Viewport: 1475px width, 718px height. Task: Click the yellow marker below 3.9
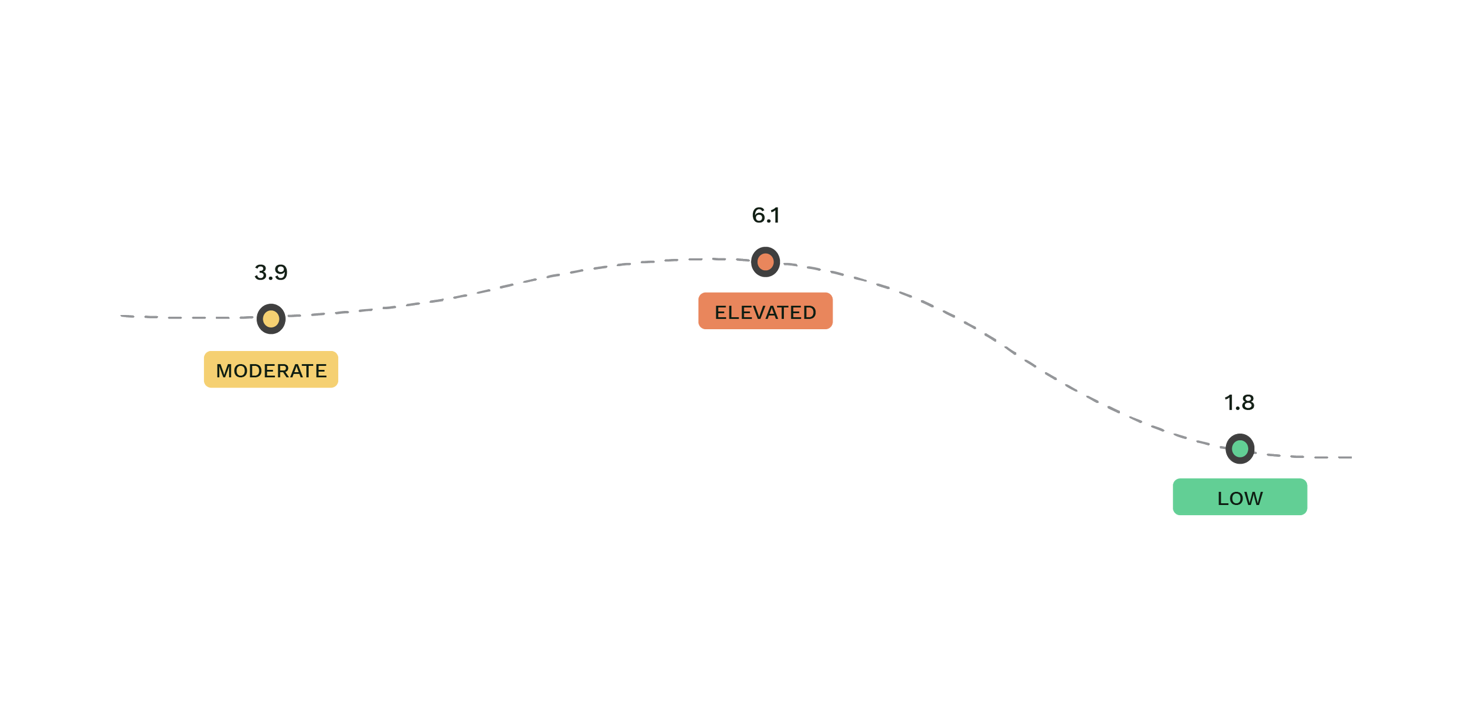(x=271, y=319)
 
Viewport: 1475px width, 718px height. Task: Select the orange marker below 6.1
(x=765, y=262)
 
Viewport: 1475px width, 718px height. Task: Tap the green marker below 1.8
(x=1240, y=449)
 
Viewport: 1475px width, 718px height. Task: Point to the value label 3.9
(x=271, y=273)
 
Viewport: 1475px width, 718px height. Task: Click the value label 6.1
(x=765, y=215)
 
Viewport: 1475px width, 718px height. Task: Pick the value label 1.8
(x=1239, y=403)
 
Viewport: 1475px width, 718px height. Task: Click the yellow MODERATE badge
(x=271, y=371)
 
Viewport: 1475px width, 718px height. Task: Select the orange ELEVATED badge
(x=765, y=312)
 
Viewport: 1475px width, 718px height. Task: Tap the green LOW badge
(x=1240, y=498)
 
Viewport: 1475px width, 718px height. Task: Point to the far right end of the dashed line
(x=1351, y=457)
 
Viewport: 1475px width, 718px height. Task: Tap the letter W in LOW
(x=1253, y=499)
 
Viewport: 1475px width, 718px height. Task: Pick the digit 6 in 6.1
(x=758, y=215)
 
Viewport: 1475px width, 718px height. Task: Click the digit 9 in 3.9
(x=280, y=273)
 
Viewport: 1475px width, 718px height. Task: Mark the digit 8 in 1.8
(x=1247, y=403)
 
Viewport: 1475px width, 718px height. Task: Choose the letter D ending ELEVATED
(x=809, y=313)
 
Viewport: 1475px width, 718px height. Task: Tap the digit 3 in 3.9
(x=261, y=273)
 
